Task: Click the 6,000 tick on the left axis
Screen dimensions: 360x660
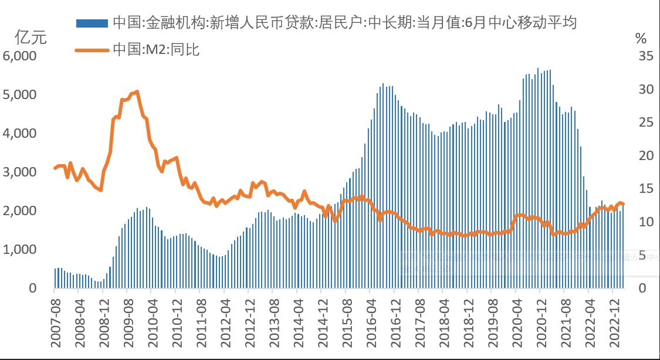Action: click(x=20, y=56)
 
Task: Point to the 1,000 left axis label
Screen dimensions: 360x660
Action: click(x=20, y=250)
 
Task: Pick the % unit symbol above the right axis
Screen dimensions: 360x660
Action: click(x=641, y=39)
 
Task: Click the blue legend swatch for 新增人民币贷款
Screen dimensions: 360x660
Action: click(x=92, y=23)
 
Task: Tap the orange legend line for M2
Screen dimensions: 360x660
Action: click(x=92, y=50)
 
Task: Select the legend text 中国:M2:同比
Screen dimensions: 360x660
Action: click(x=156, y=50)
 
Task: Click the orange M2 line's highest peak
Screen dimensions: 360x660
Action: click(x=137, y=91)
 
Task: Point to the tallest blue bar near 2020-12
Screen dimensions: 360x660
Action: click(x=538, y=69)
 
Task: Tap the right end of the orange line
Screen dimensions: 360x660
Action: click(x=623, y=204)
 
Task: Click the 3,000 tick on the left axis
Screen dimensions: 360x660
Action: click(x=20, y=172)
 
